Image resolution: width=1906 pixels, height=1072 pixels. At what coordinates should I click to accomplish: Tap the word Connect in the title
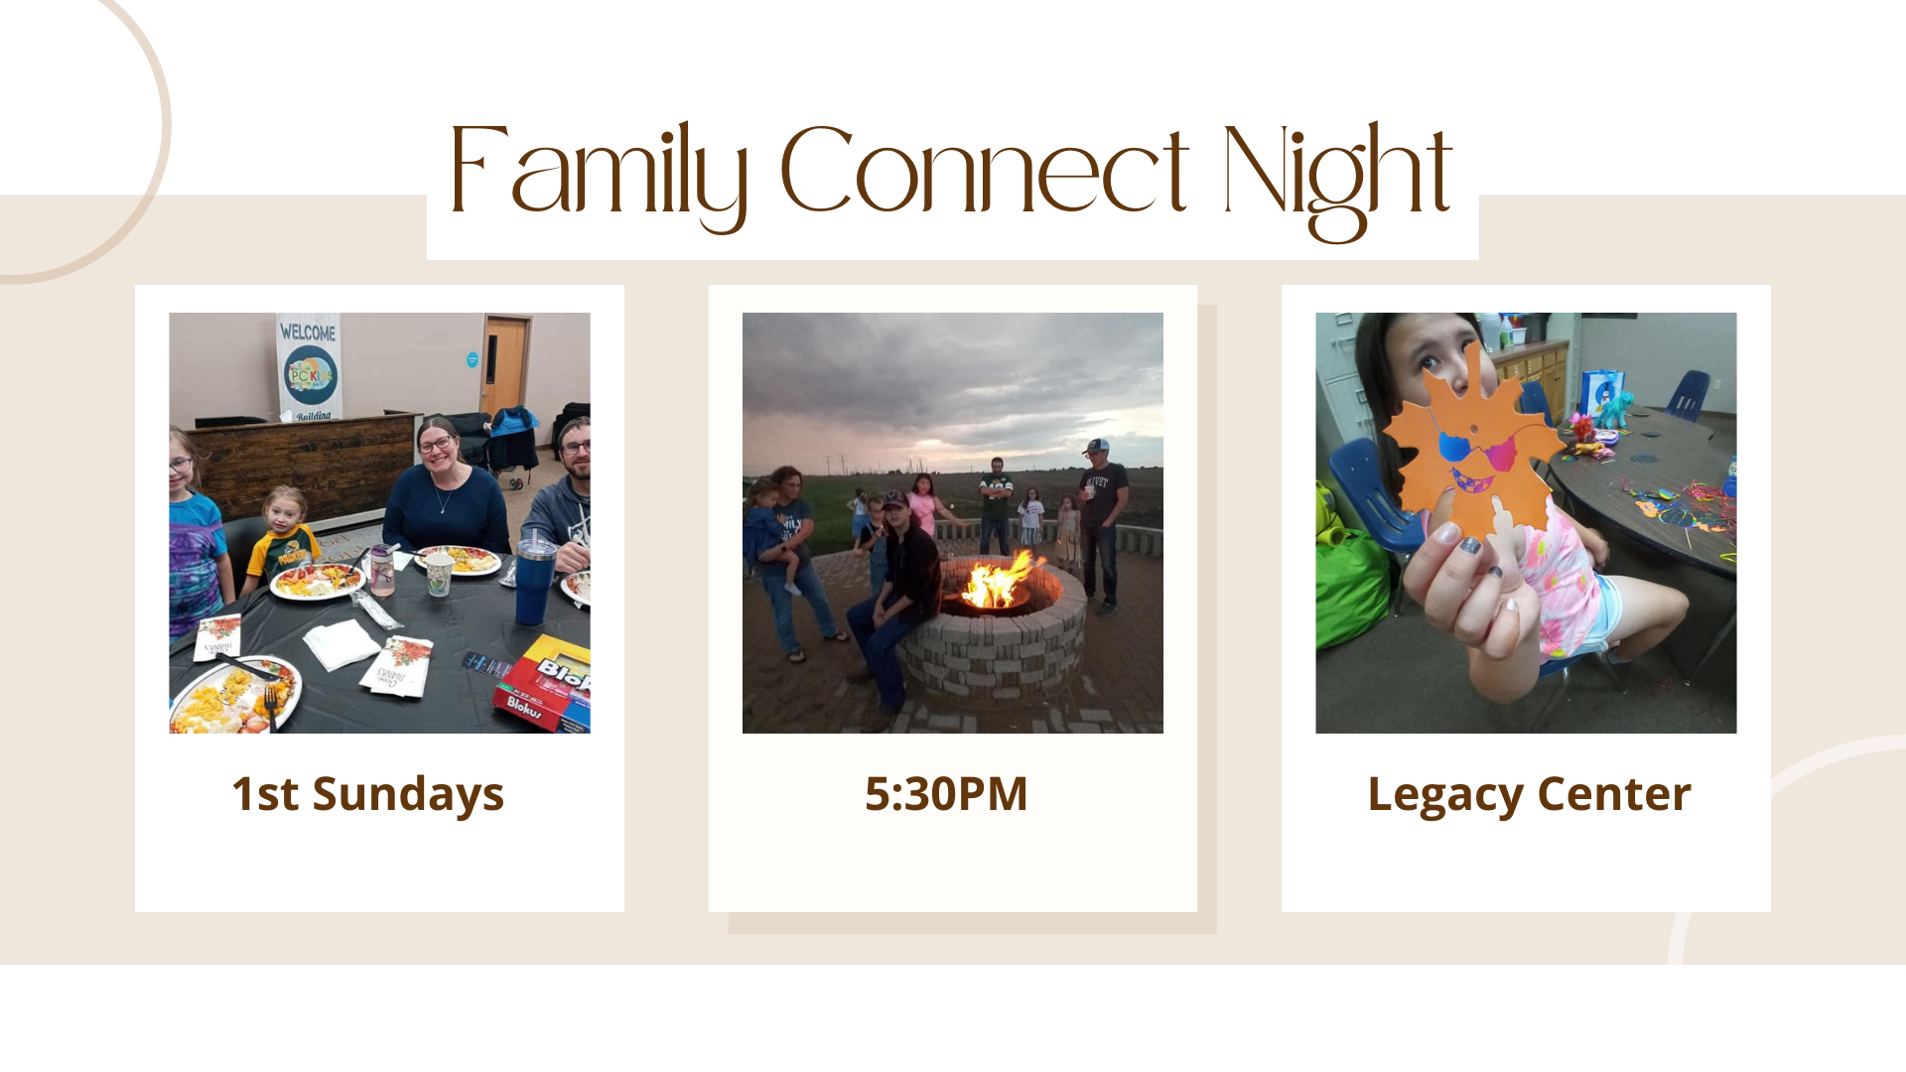pos(984,171)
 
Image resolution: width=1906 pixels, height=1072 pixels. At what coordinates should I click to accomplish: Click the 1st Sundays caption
pos(367,794)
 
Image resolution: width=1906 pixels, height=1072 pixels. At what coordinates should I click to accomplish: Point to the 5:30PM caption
pos(946,794)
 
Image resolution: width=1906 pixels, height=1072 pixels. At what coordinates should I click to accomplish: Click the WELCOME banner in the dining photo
pos(308,366)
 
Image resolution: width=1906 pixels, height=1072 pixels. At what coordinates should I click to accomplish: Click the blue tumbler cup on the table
pos(534,581)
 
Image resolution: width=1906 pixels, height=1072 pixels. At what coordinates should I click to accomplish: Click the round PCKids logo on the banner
pos(311,375)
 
